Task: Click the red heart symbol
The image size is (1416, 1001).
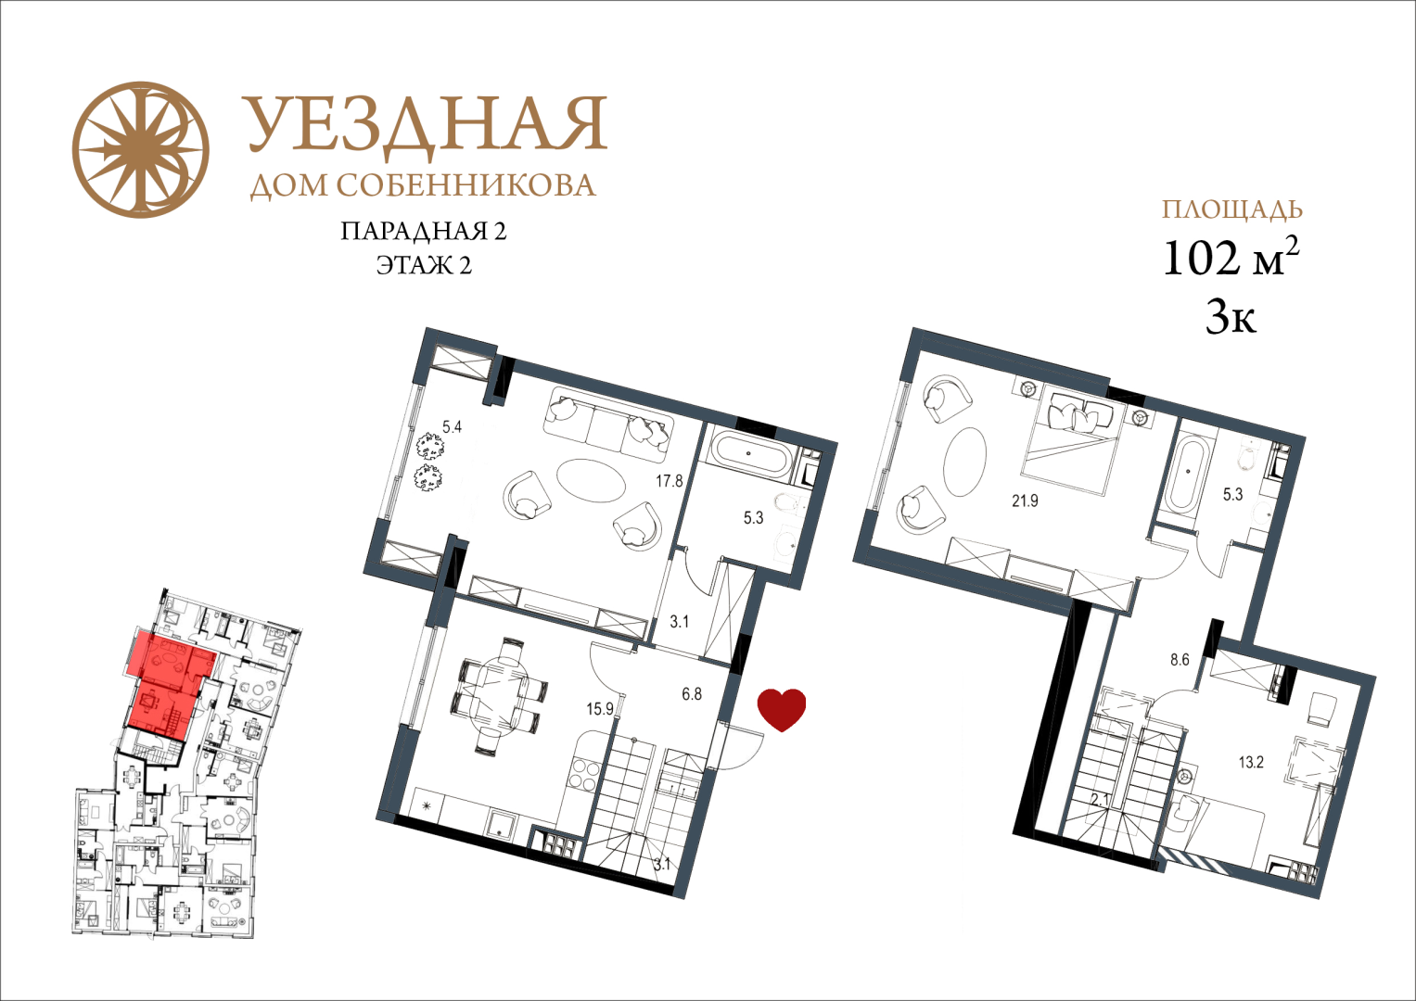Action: point(782,710)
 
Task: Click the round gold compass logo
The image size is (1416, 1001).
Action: point(140,149)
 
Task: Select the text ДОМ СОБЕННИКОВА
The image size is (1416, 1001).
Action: point(423,185)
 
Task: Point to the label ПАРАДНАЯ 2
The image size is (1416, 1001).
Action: point(424,231)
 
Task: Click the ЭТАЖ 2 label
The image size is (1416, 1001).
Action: point(424,265)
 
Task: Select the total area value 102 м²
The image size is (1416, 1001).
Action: point(1231,258)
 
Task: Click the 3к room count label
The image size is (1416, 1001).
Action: point(1231,317)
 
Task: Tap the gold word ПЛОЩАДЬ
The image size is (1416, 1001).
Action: point(1232,209)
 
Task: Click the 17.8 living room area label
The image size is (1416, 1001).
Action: point(670,481)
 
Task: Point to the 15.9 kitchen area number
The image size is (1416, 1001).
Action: point(600,709)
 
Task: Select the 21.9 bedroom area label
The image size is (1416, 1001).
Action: point(1025,500)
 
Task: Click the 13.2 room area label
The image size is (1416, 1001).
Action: point(1251,763)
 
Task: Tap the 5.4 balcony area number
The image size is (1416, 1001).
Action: point(452,427)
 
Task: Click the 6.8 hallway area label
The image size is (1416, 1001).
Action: point(692,693)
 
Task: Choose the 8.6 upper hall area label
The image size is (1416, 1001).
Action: point(1180,660)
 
